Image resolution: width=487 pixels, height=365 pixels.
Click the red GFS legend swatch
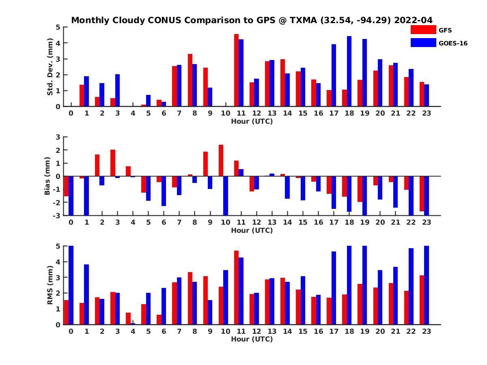pos(423,30)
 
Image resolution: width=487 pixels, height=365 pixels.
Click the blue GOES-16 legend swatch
pos(423,43)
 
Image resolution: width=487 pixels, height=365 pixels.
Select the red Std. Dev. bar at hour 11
pos(236,70)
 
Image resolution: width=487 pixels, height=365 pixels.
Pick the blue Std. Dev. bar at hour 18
pos(349,71)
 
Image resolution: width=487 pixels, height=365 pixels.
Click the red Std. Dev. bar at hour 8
pos(190,80)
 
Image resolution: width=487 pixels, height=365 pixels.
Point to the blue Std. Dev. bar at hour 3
pos(117,90)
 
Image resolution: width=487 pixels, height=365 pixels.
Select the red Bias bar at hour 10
pos(221,161)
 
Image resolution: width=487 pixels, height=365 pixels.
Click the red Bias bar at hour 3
pos(113,163)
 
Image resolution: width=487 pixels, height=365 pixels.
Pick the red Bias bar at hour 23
pos(422,193)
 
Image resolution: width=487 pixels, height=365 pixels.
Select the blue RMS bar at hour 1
pos(86,294)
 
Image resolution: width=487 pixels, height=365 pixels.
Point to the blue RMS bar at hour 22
pos(411,286)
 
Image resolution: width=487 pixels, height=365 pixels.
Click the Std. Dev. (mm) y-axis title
pos(50,67)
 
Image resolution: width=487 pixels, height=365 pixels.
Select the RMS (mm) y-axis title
pos(50,285)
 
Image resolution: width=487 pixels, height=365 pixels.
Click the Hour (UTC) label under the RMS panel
pos(252,339)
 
